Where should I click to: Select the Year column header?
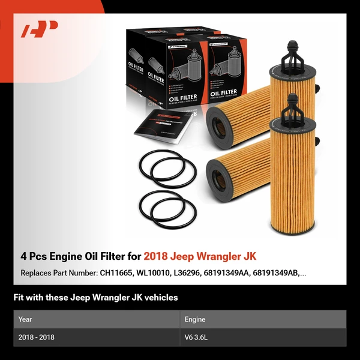[x=26, y=319]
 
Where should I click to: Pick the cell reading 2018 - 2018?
[x=37, y=337]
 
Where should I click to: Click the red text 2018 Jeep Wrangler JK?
[x=200, y=257]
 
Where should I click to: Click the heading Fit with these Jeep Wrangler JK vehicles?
[x=96, y=298]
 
